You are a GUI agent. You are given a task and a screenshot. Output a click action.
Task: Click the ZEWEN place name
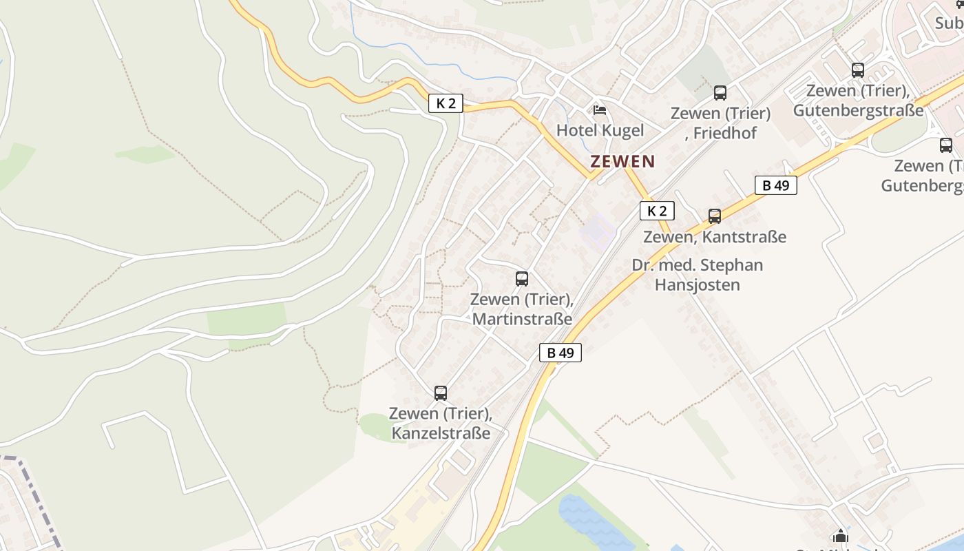tap(622, 161)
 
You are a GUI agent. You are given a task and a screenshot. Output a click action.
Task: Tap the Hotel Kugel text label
tap(600, 130)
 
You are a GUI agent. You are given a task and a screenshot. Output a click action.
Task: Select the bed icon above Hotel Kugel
tap(600, 110)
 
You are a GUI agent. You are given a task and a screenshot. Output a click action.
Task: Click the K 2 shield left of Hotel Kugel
tap(446, 103)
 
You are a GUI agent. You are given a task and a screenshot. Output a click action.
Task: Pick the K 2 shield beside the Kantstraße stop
tap(657, 211)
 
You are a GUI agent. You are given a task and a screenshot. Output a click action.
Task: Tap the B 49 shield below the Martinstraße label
tap(560, 353)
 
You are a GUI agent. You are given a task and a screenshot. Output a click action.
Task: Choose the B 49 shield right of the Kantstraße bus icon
tap(775, 185)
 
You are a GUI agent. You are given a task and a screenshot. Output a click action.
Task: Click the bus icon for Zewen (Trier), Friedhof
tap(720, 93)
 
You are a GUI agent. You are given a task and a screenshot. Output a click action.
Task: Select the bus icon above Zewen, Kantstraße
tap(715, 216)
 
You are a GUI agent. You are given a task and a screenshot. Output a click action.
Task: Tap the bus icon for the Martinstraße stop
tap(522, 279)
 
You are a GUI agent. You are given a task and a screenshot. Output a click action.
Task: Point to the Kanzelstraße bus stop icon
tap(441, 393)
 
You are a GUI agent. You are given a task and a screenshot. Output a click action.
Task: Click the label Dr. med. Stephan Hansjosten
tap(697, 275)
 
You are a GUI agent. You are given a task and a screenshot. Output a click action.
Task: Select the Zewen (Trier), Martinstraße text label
tap(521, 309)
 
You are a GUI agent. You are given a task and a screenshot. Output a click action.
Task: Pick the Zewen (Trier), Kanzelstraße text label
tap(441, 423)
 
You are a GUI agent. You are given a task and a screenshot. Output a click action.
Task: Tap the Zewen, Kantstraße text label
tap(715, 237)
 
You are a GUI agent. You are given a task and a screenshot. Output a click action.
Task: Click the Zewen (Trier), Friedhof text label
tap(720, 123)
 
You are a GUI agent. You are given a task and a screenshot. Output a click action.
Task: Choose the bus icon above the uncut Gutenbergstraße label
tap(858, 70)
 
